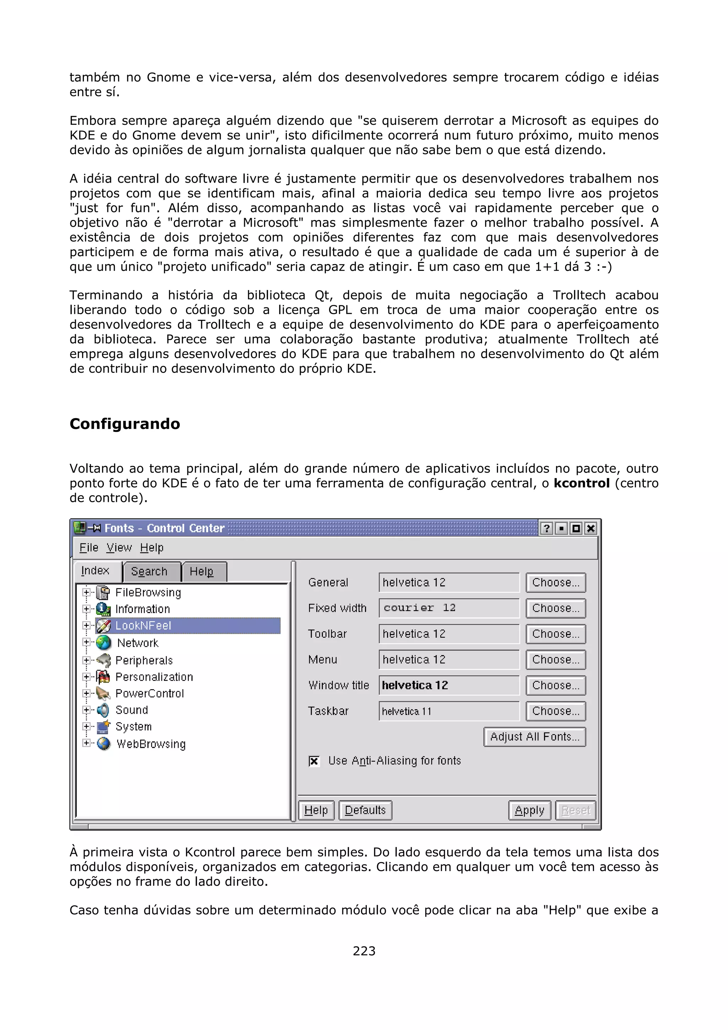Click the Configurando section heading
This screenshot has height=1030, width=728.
point(125,424)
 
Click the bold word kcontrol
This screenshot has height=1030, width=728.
point(581,483)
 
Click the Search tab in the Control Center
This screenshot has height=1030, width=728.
point(149,572)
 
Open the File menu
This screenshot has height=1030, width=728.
point(89,547)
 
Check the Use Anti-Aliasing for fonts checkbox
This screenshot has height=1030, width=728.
point(314,761)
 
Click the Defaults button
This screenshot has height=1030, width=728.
point(365,810)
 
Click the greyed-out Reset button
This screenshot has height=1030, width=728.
point(576,810)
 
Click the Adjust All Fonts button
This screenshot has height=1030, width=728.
point(535,737)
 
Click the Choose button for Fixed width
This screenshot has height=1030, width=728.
point(556,608)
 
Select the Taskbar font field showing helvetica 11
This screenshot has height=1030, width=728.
point(449,711)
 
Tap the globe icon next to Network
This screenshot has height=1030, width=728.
point(103,643)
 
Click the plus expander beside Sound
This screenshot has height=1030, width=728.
point(86,710)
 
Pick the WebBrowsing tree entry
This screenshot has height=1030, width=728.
point(151,744)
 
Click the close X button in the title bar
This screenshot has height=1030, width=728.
point(591,529)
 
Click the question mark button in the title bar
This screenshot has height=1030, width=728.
point(546,529)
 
